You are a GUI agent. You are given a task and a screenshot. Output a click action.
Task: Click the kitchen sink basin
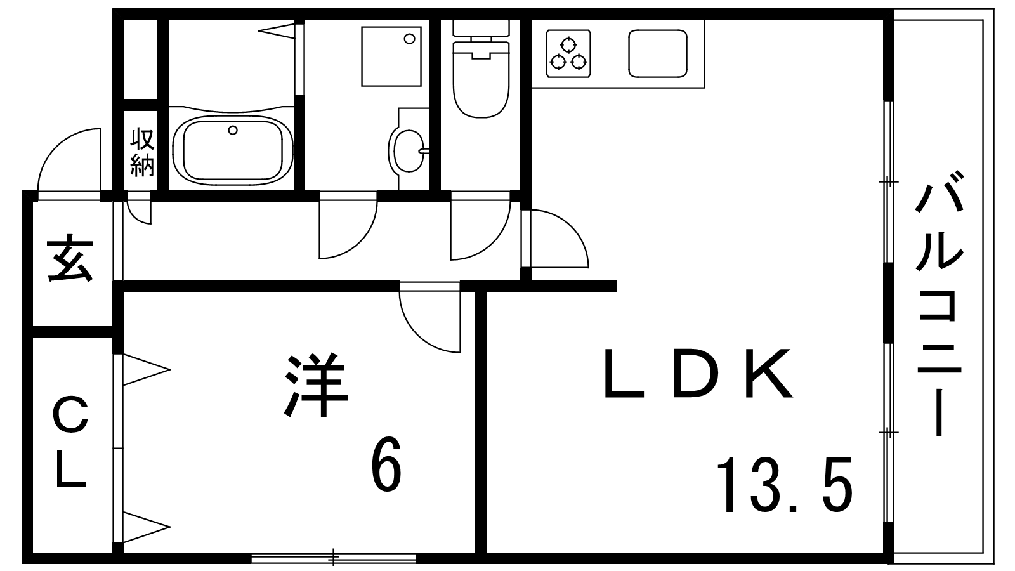click(x=658, y=53)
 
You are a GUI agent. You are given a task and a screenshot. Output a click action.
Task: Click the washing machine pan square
click(x=391, y=56)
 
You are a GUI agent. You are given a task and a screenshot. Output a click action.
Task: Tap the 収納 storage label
click(x=142, y=152)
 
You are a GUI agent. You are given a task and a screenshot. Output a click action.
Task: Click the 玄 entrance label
click(x=71, y=260)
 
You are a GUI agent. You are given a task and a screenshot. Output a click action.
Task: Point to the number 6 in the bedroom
click(x=386, y=466)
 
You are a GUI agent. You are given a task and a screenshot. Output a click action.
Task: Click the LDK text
click(x=698, y=374)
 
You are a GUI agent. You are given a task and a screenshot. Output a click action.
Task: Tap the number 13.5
click(x=783, y=485)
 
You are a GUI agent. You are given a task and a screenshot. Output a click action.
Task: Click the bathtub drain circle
click(x=233, y=131)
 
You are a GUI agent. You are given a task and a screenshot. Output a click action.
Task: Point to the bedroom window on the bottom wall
click(x=334, y=558)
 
